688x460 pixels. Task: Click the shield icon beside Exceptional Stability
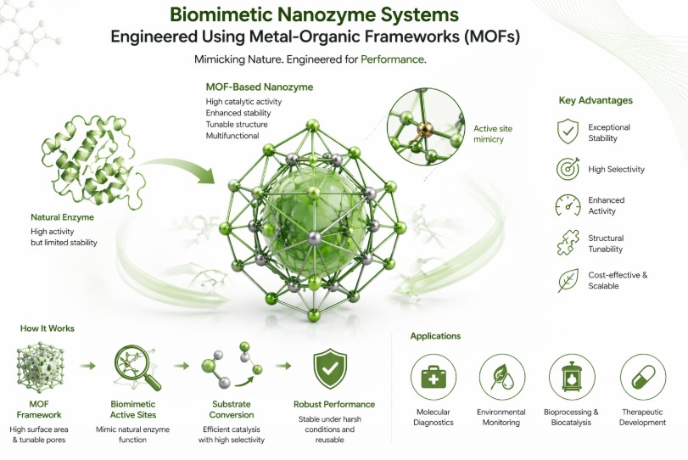[568, 132]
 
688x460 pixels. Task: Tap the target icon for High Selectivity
[568, 169]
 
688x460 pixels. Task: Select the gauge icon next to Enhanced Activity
[568, 205]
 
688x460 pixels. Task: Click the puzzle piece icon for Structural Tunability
[568, 244]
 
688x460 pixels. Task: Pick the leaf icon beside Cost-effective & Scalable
[568, 280]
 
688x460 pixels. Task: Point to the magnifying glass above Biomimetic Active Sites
[134, 367]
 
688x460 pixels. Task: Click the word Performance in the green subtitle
[393, 60]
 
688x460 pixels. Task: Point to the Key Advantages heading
[596, 100]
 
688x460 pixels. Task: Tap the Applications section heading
[435, 336]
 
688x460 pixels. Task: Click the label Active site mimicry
[492, 134]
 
